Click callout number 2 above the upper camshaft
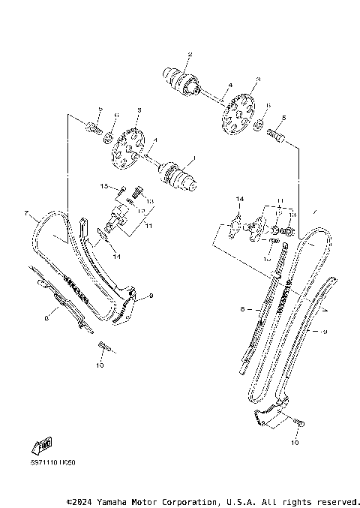coord(190,54)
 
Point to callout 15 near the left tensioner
coord(104,186)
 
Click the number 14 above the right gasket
coord(238,199)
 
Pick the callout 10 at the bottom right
coord(295,443)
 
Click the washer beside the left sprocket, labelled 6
coord(108,137)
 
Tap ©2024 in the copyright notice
coord(80,500)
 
